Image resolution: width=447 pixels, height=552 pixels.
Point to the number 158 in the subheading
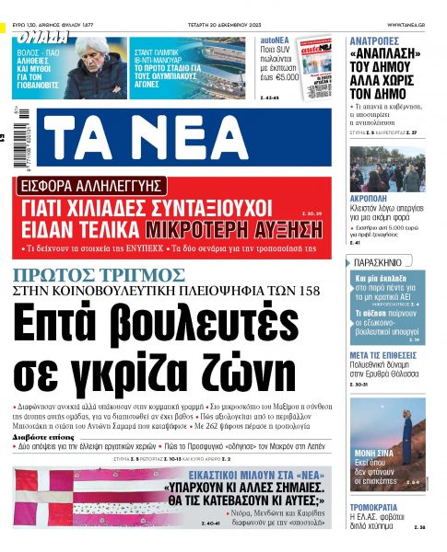pyautogui.click(x=312, y=290)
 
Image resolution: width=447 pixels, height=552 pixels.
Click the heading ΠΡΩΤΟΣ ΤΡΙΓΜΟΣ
pyautogui.click(x=99, y=274)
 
